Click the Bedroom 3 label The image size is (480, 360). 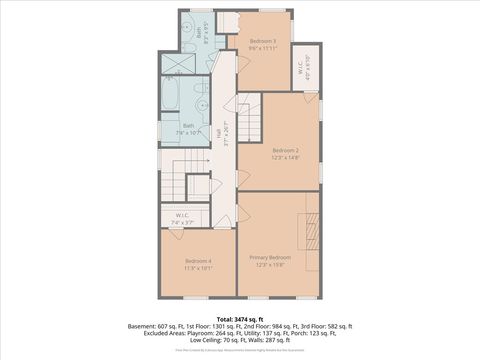pos(263,41)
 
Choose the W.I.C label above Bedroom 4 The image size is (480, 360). pos(183,215)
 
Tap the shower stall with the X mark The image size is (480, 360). pos(177,63)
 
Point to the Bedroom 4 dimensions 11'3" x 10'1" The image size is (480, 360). pos(197,268)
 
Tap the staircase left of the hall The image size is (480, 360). pos(173,183)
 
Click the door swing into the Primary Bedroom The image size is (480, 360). pos(243,214)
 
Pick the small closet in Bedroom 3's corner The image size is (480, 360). pos(228,23)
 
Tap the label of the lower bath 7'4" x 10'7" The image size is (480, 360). pos(188,129)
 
